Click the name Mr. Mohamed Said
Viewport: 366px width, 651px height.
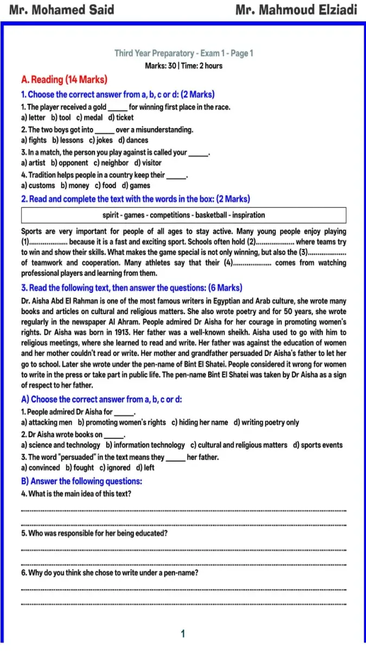point(62,10)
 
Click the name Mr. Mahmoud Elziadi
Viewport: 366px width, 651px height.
point(297,10)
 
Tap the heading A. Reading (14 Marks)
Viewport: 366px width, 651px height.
point(64,80)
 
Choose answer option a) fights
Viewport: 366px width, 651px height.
point(34,140)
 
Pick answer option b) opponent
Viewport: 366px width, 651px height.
point(69,163)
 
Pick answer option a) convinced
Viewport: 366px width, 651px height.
point(41,468)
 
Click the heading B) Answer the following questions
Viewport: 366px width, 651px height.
point(81,481)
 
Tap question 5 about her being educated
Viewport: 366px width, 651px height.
point(94,533)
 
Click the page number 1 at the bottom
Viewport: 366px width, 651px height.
point(183,634)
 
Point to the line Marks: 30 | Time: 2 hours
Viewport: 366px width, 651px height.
point(184,66)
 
